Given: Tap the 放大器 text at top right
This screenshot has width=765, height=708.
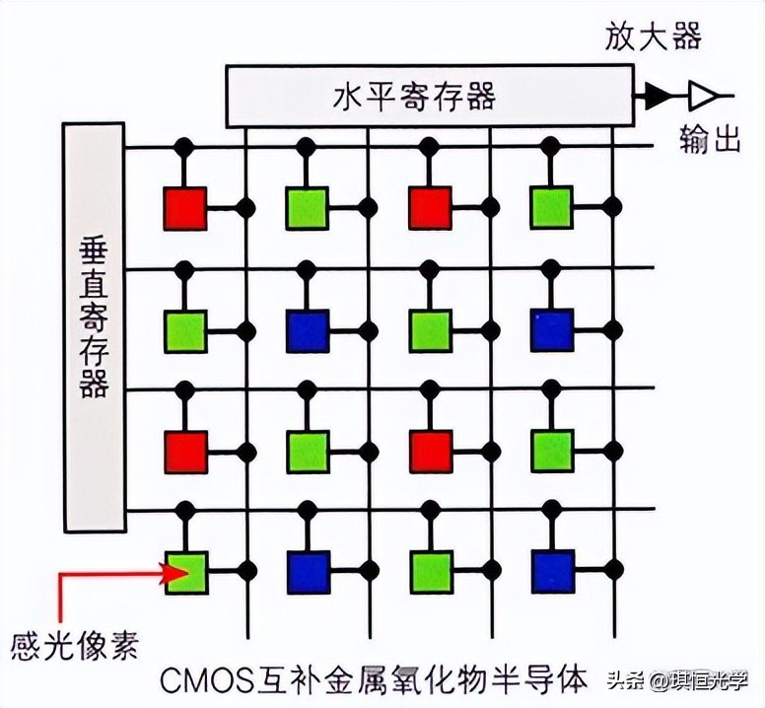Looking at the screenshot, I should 653,37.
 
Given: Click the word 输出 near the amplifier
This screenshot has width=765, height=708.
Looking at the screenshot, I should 710,141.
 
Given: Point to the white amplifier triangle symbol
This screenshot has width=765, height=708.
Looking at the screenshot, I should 703,95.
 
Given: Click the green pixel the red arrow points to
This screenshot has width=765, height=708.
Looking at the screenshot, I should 185,571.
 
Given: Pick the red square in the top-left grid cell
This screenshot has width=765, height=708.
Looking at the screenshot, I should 185,208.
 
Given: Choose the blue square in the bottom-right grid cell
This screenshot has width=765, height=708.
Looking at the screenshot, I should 552,571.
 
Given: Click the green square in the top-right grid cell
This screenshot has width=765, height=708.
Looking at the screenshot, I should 552,208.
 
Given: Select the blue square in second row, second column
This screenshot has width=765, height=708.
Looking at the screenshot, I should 308,330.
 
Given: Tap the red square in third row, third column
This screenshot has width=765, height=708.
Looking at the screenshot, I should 430,451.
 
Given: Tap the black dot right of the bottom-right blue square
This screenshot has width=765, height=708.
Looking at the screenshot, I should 613,570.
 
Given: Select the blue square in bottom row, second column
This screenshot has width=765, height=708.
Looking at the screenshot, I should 308,571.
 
